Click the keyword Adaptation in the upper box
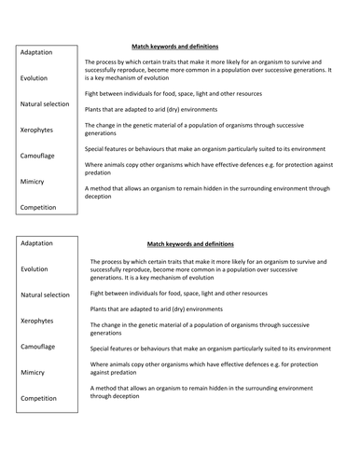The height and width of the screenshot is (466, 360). tap(36, 52)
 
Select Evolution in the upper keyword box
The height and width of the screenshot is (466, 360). tap(35, 78)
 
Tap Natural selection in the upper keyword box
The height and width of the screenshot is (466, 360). tap(45, 104)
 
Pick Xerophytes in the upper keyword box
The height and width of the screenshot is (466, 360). tap(38, 130)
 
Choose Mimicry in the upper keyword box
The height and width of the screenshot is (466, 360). tap(33, 181)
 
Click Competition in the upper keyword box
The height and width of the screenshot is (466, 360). tap(39, 207)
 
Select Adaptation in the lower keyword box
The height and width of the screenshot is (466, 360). tap(37, 243)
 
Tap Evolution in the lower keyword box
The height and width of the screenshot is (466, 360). tap(35, 268)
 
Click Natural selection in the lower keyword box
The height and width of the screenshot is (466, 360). tap(45, 295)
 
